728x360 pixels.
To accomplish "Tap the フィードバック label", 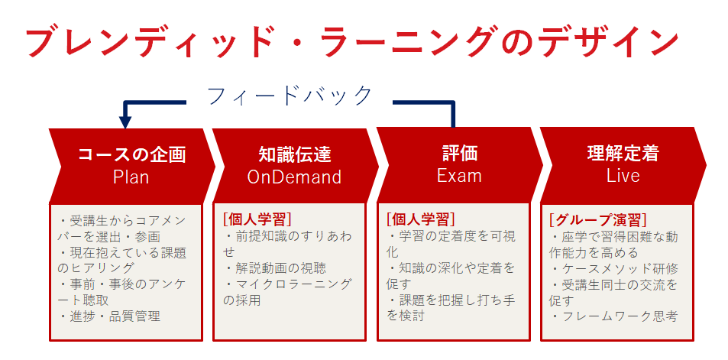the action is [290, 96].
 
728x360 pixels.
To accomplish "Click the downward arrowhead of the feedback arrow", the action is [125, 122].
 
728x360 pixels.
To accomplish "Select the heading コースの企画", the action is [132, 154].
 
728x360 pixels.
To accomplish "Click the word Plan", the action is [131, 177].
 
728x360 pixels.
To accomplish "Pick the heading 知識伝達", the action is [295, 154].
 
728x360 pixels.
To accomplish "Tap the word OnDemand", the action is [294, 177].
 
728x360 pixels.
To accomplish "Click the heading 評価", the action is [459, 154].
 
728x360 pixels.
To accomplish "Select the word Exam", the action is [459, 176].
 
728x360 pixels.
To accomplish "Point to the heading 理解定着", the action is [623, 154].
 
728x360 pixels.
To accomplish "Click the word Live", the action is [623, 176].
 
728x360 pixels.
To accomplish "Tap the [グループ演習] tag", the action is [598, 219].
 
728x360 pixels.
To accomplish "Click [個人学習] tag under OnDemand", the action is [257, 219].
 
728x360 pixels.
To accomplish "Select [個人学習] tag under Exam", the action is [421, 219].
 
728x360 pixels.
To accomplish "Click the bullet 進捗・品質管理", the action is [111, 316].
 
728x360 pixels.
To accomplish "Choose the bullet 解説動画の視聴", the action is [276, 268].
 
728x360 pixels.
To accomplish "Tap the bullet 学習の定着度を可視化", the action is [451, 244].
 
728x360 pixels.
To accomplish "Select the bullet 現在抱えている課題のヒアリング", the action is [121, 260].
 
